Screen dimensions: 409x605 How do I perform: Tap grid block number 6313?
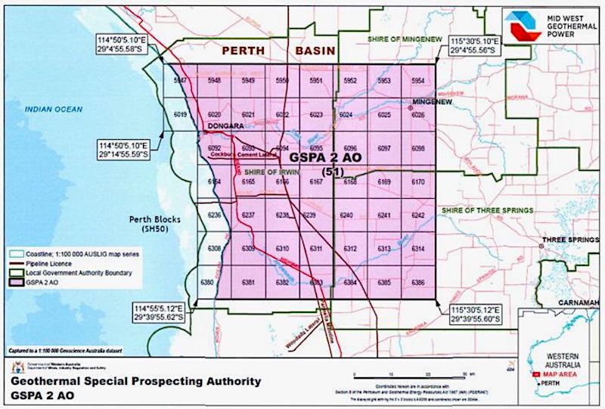(x=384, y=248)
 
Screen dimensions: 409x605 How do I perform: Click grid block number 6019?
(x=180, y=114)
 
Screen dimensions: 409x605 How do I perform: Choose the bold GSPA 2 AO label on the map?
(x=326, y=159)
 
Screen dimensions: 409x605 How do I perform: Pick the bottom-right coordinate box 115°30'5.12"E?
(x=478, y=314)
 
